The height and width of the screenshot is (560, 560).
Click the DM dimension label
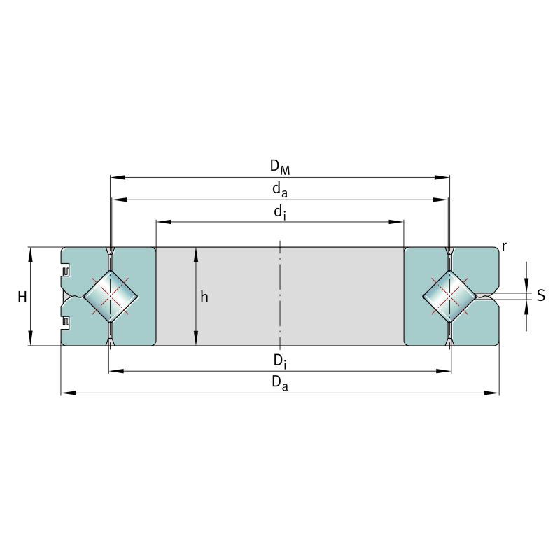point(280,167)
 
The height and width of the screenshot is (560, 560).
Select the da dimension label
point(280,189)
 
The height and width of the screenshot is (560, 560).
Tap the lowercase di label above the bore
point(280,212)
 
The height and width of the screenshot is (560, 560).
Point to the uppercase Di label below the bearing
point(280,361)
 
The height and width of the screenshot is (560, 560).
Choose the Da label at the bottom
point(280,383)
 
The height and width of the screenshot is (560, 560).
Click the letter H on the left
point(22,297)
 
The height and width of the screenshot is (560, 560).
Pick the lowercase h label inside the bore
point(204,297)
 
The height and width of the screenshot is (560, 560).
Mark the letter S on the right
point(541,295)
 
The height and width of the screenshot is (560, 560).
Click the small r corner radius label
point(504,246)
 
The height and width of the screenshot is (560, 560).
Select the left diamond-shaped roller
point(111,296)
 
